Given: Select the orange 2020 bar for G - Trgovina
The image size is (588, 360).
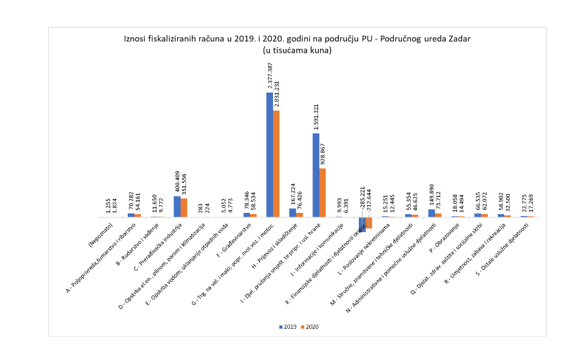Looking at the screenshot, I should [x=276, y=163].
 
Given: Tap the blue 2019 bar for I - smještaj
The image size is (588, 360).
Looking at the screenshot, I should [x=316, y=175].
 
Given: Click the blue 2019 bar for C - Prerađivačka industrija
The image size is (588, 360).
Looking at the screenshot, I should [x=177, y=207].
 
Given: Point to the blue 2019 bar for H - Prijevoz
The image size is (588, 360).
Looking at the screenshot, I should [x=292, y=212].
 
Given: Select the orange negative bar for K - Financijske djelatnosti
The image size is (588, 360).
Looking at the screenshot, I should [x=369, y=222].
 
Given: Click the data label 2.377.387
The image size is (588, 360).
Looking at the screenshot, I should [x=270, y=76].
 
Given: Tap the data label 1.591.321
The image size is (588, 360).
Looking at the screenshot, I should [x=316, y=116].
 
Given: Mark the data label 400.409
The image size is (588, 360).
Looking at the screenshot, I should [x=177, y=180].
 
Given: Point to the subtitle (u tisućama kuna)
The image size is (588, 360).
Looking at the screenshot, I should [x=297, y=50].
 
